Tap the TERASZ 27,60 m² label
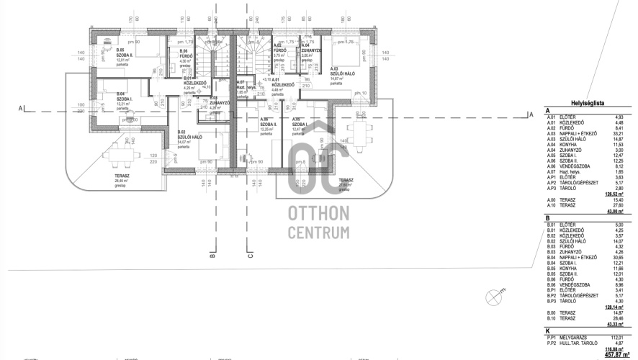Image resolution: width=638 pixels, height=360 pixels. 346,181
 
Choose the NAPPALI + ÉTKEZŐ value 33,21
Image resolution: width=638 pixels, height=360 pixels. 617,133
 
